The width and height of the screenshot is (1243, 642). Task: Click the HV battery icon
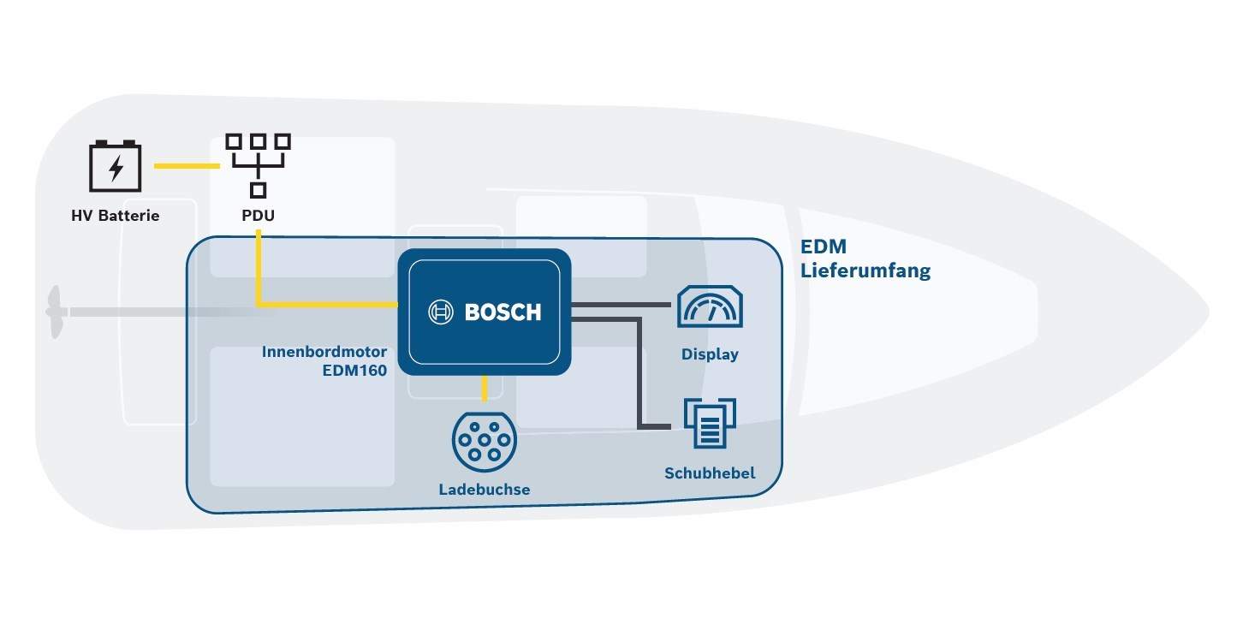pyautogui.click(x=115, y=166)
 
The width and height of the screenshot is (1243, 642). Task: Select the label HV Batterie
pyautogui.click(x=116, y=216)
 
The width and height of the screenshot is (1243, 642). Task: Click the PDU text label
pyautogui.click(x=258, y=216)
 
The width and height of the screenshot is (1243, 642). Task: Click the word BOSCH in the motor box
pyautogui.click(x=503, y=312)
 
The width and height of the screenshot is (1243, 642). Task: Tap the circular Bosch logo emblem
pyautogui.click(x=441, y=312)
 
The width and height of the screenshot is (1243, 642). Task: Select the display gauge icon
pyautogui.click(x=710, y=306)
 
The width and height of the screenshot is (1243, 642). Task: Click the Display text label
pyautogui.click(x=710, y=354)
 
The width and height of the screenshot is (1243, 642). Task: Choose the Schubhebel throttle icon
pyautogui.click(x=710, y=424)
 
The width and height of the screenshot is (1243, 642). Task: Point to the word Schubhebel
pyautogui.click(x=710, y=473)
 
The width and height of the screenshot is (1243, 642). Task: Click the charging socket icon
pyautogui.click(x=484, y=441)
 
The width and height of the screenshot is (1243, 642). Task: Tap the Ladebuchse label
pyautogui.click(x=484, y=490)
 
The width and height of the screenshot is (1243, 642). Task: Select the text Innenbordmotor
pyautogui.click(x=324, y=352)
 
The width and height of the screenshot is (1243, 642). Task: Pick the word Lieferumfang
pyautogui.click(x=865, y=271)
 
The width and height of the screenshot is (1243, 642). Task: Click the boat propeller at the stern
pyautogui.click(x=56, y=312)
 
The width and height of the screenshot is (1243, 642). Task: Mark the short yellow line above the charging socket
pyautogui.click(x=485, y=389)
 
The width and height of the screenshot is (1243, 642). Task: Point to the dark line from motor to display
pyautogui.click(x=621, y=304)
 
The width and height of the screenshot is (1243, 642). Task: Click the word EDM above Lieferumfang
pyautogui.click(x=823, y=247)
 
